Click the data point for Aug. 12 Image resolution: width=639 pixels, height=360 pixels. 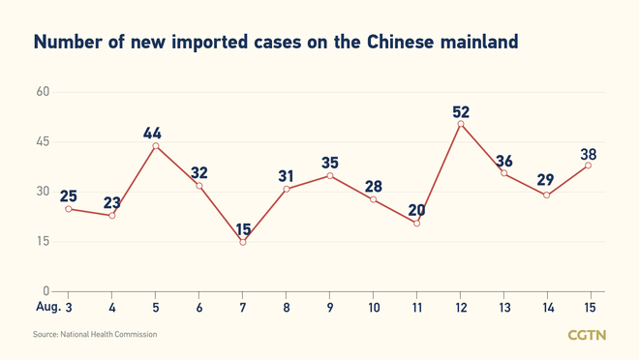tap(460, 123)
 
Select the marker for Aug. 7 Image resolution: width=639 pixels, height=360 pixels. tap(242, 242)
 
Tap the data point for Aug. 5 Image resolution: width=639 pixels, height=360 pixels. tap(156, 146)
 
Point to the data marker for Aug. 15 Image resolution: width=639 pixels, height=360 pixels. tap(588, 165)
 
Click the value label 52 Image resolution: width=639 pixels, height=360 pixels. tap(461, 112)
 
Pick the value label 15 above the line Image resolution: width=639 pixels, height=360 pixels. tap(243, 229)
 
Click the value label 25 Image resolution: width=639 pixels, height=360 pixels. tap(68, 196)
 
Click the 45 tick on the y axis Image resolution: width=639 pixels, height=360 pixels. tap(43, 142)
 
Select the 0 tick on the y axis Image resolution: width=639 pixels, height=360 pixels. tap(46, 290)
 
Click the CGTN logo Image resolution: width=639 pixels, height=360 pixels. tap(588, 335)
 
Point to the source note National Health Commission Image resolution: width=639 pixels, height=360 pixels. tap(94, 335)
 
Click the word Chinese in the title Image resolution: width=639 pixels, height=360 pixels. tap(399, 42)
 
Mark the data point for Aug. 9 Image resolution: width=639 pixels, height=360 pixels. tap(329, 175)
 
